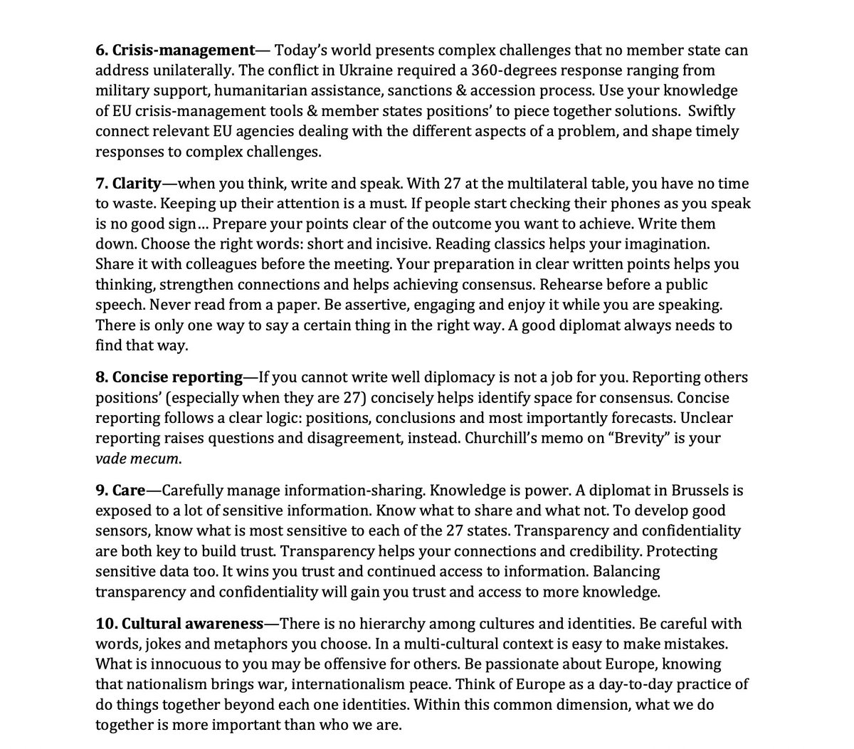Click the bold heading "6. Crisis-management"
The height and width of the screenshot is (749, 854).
coord(175,51)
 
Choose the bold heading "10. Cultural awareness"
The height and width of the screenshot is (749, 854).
coord(179,624)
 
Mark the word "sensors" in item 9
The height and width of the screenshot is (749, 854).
coord(122,531)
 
